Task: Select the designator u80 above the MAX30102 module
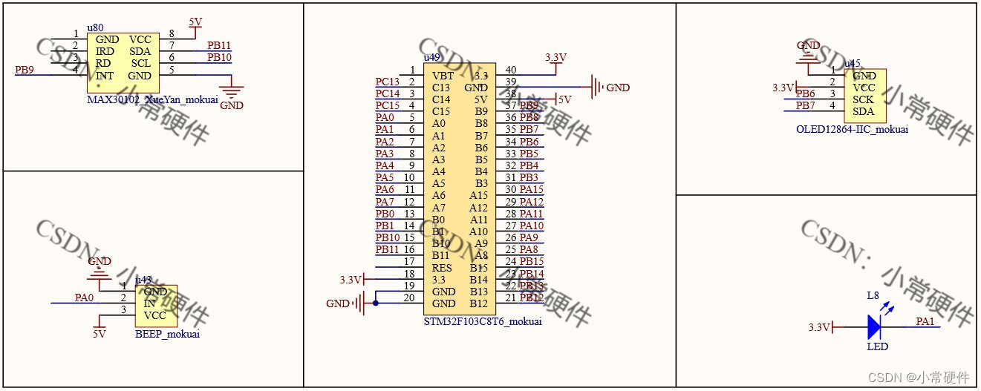pos(95,27)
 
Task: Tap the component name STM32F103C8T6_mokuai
pos(482,321)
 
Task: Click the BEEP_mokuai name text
pos(167,334)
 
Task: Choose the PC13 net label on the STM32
pos(387,82)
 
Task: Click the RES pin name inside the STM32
pos(442,268)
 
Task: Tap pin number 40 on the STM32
pos(510,70)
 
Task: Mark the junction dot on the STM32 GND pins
pos(376,303)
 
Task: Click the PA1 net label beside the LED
pos(925,321)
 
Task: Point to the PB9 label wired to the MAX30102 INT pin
pos(25,70)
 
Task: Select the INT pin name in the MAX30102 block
pos(105,76)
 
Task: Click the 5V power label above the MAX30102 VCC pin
pos(195,22)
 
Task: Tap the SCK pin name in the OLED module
pos(863,99)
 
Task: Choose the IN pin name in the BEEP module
pos(149,303)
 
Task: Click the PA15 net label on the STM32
pos(531,190)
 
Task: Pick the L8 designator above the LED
pos(874,296)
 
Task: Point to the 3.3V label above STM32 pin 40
pos(555,57)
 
